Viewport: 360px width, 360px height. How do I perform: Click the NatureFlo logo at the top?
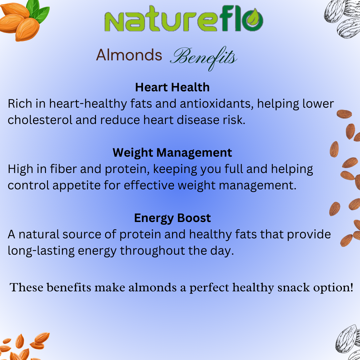coord(184,19)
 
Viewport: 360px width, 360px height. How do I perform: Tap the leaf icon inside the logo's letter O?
coord(253,18)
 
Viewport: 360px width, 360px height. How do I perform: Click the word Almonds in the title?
coord(129,55)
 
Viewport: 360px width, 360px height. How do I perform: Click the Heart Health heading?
coord(172,87)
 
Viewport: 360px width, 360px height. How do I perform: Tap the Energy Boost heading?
coord(172,218)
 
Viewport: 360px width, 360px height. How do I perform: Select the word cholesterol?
coord(40,120)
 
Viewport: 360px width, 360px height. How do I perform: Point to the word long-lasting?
coord(41,251)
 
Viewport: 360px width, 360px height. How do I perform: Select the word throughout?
coord(152,251)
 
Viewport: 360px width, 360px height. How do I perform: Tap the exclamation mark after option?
coord(352,287)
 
